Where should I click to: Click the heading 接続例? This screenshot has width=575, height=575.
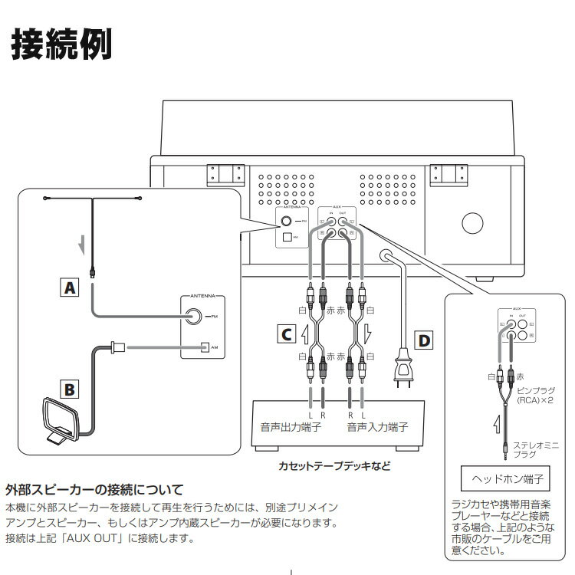(61, 44)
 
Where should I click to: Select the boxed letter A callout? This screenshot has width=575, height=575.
(70, 288)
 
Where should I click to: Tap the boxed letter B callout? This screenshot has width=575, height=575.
(70, 389)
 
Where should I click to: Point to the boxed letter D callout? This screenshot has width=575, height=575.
(422, 339)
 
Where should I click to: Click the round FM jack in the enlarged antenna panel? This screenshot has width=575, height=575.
(192, 316)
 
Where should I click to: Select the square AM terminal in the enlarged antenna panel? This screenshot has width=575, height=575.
(204, 347)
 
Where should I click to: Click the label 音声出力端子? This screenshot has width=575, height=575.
(289, 427)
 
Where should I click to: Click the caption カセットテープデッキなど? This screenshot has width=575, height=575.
(333, 465)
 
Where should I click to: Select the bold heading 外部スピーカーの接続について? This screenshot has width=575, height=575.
(94, 489)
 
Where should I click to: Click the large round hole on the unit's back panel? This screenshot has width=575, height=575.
(470, 224)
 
